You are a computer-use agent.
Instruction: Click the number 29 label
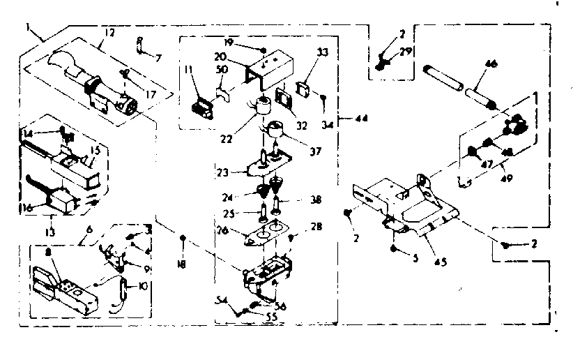(406, 52)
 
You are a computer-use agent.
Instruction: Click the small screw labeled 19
(261, 50)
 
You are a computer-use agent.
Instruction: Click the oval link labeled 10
(123, 288)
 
